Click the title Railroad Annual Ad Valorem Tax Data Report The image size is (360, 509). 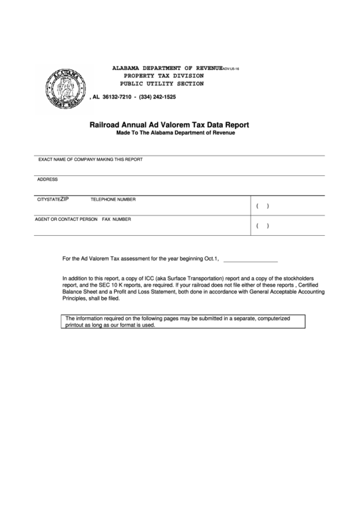point(169,125)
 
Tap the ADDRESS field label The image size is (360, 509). point(48,179)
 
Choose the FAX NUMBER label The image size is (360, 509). point(117,220)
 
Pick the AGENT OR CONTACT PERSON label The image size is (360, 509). point(66,220)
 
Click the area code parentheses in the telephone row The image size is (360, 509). point(262,207)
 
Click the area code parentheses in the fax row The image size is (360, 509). point(262,226)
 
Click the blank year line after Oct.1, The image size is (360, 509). point(250,259)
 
